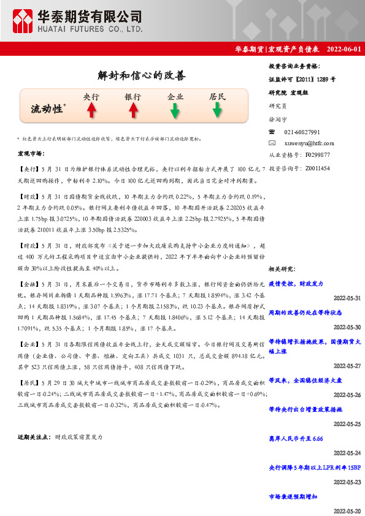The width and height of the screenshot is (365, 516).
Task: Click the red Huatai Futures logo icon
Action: [x=24, y=21]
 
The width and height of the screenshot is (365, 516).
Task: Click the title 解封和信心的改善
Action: [x=141, y=76]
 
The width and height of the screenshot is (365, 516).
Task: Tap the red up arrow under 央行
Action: [x=91, y=110]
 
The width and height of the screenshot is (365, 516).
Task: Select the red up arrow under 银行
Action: [x=133, y=110]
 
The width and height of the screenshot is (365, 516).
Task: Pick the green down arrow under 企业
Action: [x=175, y=110]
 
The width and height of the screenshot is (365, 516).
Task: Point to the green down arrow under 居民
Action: [x=217, y=110]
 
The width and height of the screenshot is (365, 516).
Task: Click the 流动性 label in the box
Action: [x=47, y=109]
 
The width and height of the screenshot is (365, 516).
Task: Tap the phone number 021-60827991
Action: [x=302, y=132]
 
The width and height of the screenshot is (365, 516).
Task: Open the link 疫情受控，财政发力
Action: [x=296, y=284]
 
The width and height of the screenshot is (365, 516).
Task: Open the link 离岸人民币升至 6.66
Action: [x=296, y=439]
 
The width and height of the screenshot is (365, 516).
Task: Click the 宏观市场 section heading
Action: [x=31, y=153]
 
